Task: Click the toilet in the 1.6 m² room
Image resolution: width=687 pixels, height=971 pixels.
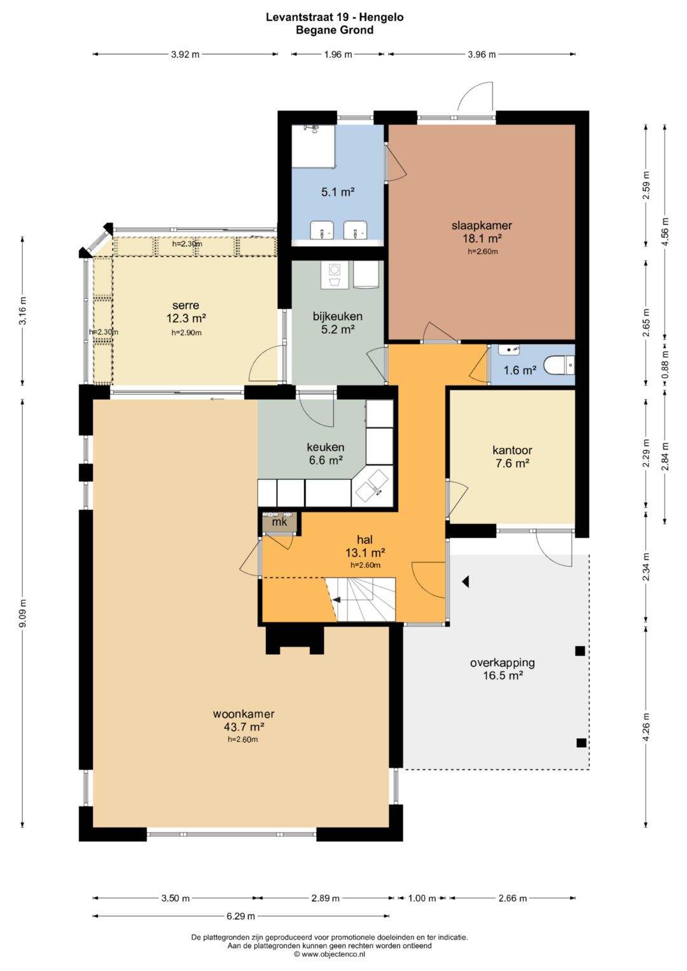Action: [559, 365]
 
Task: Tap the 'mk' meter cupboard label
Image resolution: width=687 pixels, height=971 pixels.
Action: [279, 522]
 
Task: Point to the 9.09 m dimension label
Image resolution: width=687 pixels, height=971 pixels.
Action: [23, 613]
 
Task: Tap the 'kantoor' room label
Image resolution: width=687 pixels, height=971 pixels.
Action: [512, 450]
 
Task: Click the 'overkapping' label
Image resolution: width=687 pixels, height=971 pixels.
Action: [503, 663]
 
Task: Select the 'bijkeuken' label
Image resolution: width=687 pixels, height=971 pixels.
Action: [337, 317]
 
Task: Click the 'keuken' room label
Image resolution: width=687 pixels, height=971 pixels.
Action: [325, 447]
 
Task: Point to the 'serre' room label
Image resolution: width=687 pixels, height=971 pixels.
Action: [186, 305]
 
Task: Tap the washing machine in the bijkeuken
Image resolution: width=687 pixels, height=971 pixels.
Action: [335, 275]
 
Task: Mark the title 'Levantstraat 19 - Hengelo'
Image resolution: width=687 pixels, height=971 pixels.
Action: [335, 17]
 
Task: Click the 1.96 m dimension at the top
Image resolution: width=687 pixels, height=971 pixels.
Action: [338, 54]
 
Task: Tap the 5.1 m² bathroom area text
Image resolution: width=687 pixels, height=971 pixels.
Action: [338, 191]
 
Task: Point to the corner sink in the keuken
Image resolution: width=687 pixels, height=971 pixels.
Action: [373, 486]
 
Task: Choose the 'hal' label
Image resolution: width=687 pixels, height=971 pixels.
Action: [364, 540]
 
